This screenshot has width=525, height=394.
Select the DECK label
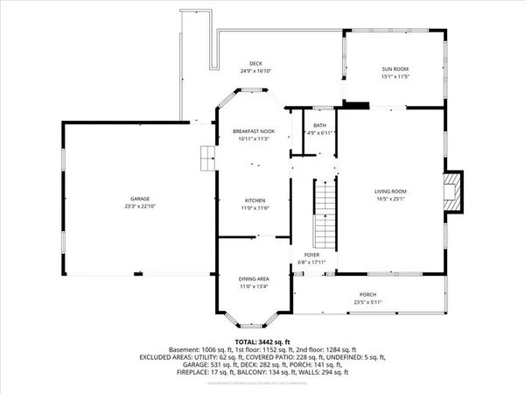pos(255,63)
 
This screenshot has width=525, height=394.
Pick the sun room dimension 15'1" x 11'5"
pos(394,77)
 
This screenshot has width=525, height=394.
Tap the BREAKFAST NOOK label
pos(254,130)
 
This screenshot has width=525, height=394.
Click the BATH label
pos(319,125)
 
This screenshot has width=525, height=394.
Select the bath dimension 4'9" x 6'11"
pos(319,133)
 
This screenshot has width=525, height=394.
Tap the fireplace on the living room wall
pos(452,190)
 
